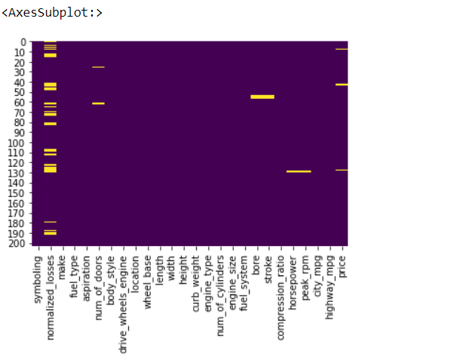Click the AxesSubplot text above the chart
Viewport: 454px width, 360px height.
point(52,13)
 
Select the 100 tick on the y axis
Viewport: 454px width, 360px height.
point(20,143)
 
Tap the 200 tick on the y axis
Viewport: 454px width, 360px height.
point(20,244)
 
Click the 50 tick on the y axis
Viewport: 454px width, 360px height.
point(22,93)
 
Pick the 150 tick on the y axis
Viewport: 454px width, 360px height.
point(20,194)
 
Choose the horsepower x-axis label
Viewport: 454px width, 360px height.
point(292,283)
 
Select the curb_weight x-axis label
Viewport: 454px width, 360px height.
point(195,282)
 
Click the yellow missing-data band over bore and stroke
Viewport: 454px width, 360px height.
point(262,97)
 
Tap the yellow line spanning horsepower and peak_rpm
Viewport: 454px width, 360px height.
point(299,171)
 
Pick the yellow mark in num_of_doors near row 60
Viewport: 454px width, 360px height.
point(99,103)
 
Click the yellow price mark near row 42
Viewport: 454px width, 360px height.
point(342,85)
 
